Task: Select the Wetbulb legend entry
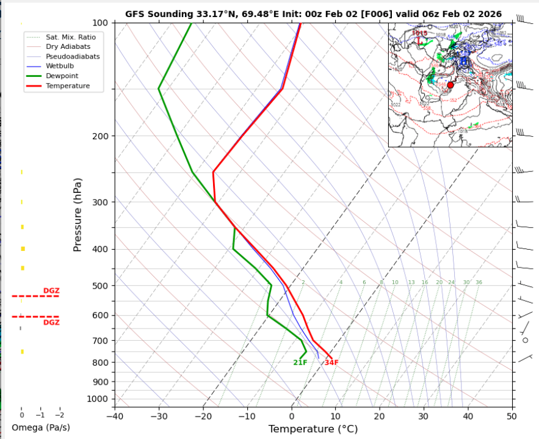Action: click(59, 66)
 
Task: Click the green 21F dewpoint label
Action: click(300, 363)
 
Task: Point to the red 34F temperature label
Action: click(331, 363)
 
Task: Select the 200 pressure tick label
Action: click(99, 136)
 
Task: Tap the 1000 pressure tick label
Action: click(97, 399)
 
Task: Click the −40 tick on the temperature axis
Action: click(114, 416)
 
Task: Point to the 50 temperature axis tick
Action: click(512, 416)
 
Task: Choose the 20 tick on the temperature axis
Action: click(379, 416)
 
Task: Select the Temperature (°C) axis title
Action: click(313, 429)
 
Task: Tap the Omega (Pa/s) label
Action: click(41, 427)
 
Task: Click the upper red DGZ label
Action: click(51, 291)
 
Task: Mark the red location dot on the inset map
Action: click(450, 85)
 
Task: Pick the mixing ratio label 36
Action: click(479, 283)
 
